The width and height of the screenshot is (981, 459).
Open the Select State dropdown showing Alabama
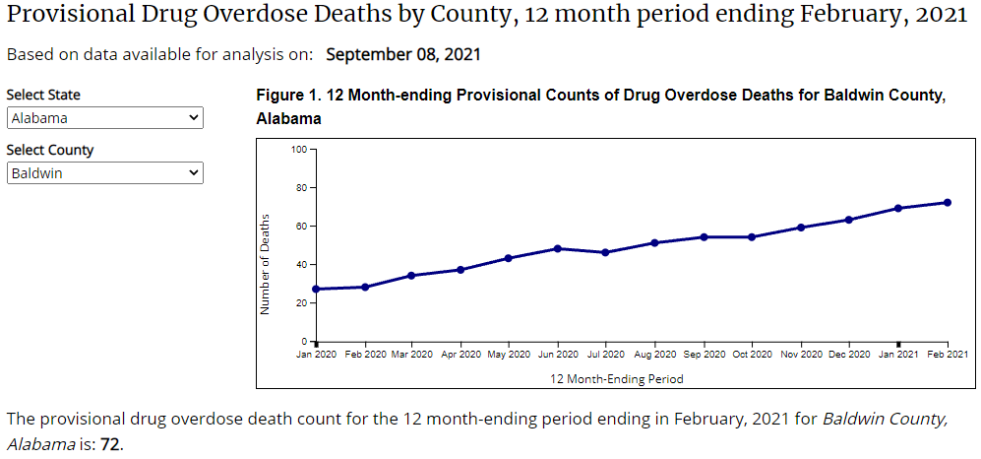[x=104, y=118]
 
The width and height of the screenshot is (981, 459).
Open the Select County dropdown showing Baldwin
[x=104, y=173]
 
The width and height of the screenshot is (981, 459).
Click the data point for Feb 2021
[x=947, y=203]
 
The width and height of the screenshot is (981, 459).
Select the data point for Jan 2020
[x=316, y=289]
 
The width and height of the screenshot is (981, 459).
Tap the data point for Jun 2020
[x=558, y=248]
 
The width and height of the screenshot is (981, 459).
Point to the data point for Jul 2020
[x=606, y=252]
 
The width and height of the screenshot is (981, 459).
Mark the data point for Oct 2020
[x=752, y=236]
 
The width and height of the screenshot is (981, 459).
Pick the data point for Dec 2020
[x=849, y=220]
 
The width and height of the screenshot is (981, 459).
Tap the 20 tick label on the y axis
[x=302, y=303]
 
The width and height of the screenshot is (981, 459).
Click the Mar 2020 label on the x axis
[x=412, y=355]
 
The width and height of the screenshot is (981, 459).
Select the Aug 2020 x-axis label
[x=654, y=355]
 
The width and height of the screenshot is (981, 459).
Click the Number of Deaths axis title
[x=265, y=265]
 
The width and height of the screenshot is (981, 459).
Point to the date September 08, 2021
[x=403, y=54]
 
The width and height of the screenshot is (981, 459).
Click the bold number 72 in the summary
[x=111, y=444]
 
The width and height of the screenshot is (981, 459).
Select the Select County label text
[x=50, y=151]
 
